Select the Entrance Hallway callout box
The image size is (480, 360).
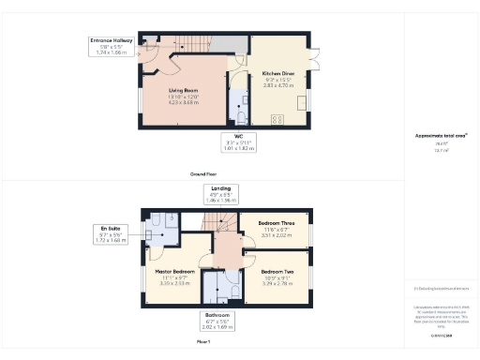112,46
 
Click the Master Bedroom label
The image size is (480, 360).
172,277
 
